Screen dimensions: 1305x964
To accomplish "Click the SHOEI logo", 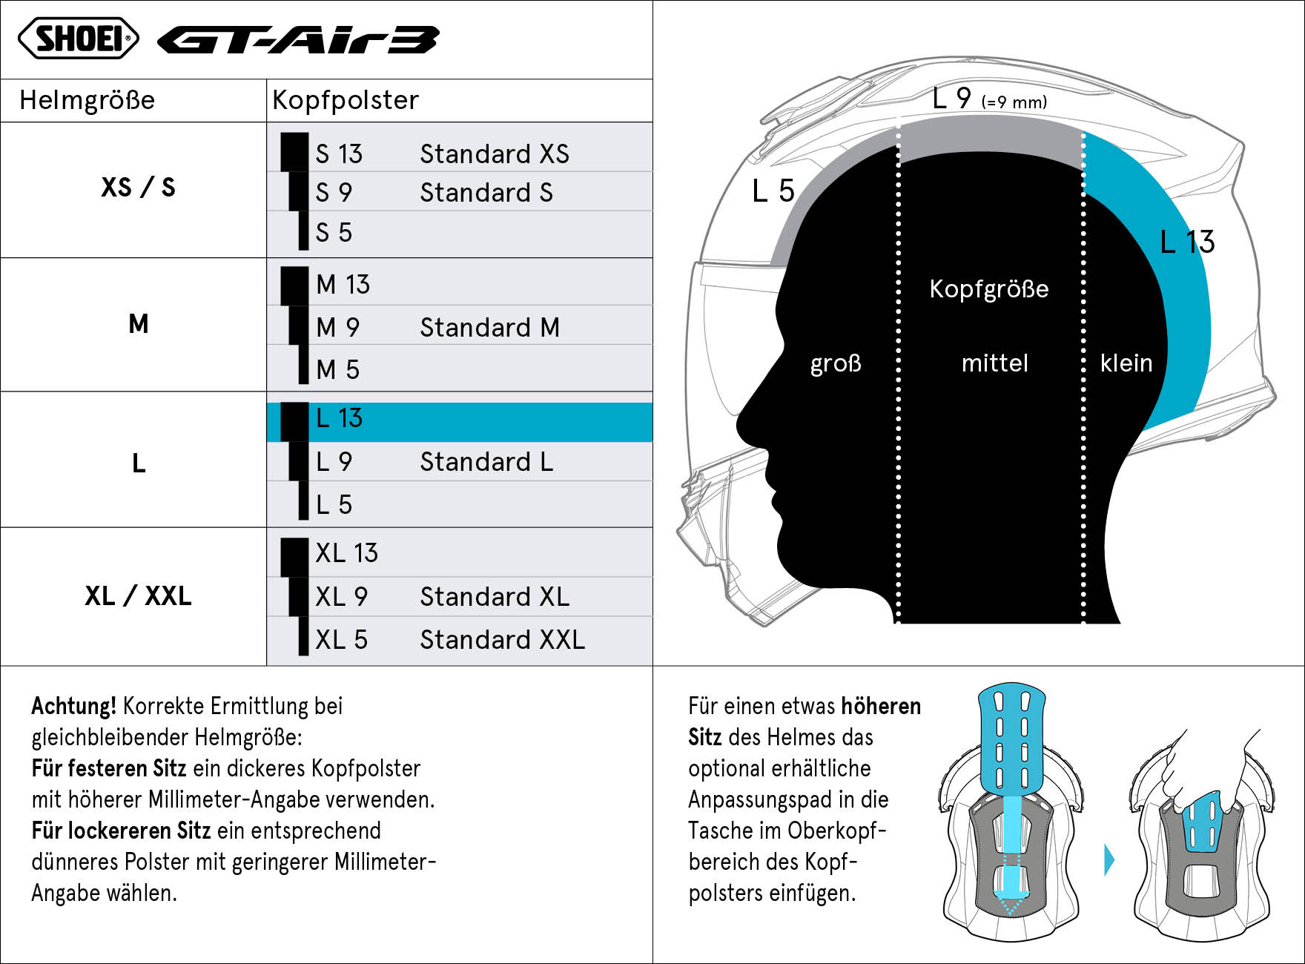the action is [x=78, y=39].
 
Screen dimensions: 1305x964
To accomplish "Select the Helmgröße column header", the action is [x=87, y=100].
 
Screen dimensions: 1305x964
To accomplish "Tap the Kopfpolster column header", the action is [x=346, y=100].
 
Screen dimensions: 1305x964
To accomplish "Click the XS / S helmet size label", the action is [x=138, y=187].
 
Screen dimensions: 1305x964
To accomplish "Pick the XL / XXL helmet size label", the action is [x=138, y=595].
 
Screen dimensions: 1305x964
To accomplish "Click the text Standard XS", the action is [x=495, y=153].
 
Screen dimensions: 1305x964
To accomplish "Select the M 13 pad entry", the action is [x=343, y=284].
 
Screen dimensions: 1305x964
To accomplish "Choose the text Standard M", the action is [x=490, y=327].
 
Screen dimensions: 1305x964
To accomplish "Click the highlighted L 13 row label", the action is [x=339, y=418].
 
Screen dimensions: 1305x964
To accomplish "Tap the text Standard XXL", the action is [x=503, y=639].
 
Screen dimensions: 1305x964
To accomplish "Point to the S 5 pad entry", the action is [x=334, y=232].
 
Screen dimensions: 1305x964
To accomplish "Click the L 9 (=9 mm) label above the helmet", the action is [x=989, y=98].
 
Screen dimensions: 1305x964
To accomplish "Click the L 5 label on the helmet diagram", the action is [x=773, y=191].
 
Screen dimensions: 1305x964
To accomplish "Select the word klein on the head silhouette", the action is [x=1126, y=363].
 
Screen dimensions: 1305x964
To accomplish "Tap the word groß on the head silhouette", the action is [x=836, y=364].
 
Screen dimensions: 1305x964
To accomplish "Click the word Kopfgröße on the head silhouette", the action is [x=989, y=289].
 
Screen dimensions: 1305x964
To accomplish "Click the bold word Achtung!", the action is [x=73, y=706].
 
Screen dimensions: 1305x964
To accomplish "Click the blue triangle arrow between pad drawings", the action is [x=1109, y=860].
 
